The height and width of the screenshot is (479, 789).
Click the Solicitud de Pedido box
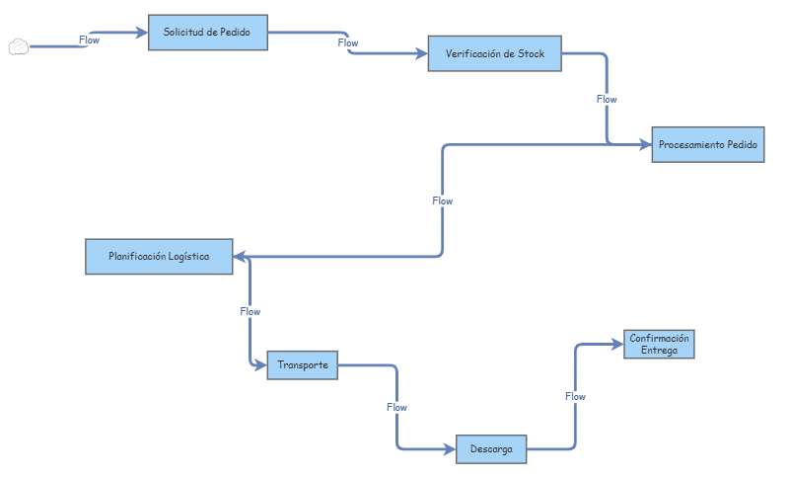207,33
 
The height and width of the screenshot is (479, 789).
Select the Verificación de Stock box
494,53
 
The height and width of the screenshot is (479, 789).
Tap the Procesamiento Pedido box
707,144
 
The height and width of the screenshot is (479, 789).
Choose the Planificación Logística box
159,257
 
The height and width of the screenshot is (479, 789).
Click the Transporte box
303,365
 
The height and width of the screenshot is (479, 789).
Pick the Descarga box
490,449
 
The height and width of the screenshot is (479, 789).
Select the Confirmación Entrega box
659,344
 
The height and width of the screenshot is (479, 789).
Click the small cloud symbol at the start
19,46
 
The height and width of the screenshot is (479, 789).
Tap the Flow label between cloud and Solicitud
89,40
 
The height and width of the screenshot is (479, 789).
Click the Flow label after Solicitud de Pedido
348,43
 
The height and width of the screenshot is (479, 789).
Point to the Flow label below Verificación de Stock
607,99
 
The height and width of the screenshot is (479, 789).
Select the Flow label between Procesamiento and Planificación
443,200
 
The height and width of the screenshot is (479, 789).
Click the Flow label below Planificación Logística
250,311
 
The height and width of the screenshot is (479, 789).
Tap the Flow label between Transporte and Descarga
396,407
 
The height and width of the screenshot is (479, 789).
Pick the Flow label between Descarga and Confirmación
575,396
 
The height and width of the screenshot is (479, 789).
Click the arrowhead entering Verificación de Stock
421,53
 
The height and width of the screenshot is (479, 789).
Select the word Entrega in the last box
659,350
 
